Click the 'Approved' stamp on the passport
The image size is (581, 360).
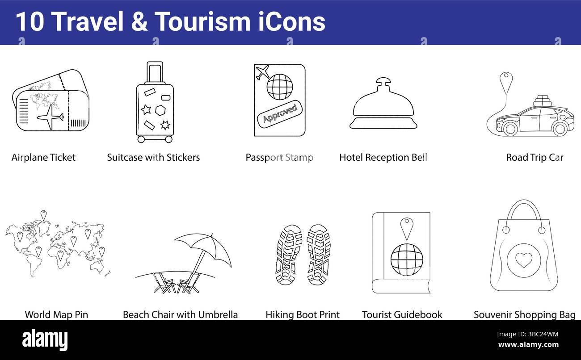280,113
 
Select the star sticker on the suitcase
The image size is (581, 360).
146,109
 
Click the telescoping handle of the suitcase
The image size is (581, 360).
155,73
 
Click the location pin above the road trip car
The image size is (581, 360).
506,80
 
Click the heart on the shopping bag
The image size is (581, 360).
523,260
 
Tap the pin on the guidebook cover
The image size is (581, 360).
406,227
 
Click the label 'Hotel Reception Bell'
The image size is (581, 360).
383,157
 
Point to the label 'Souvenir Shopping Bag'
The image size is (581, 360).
524,314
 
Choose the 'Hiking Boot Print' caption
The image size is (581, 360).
303,314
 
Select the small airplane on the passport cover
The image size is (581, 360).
262,71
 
